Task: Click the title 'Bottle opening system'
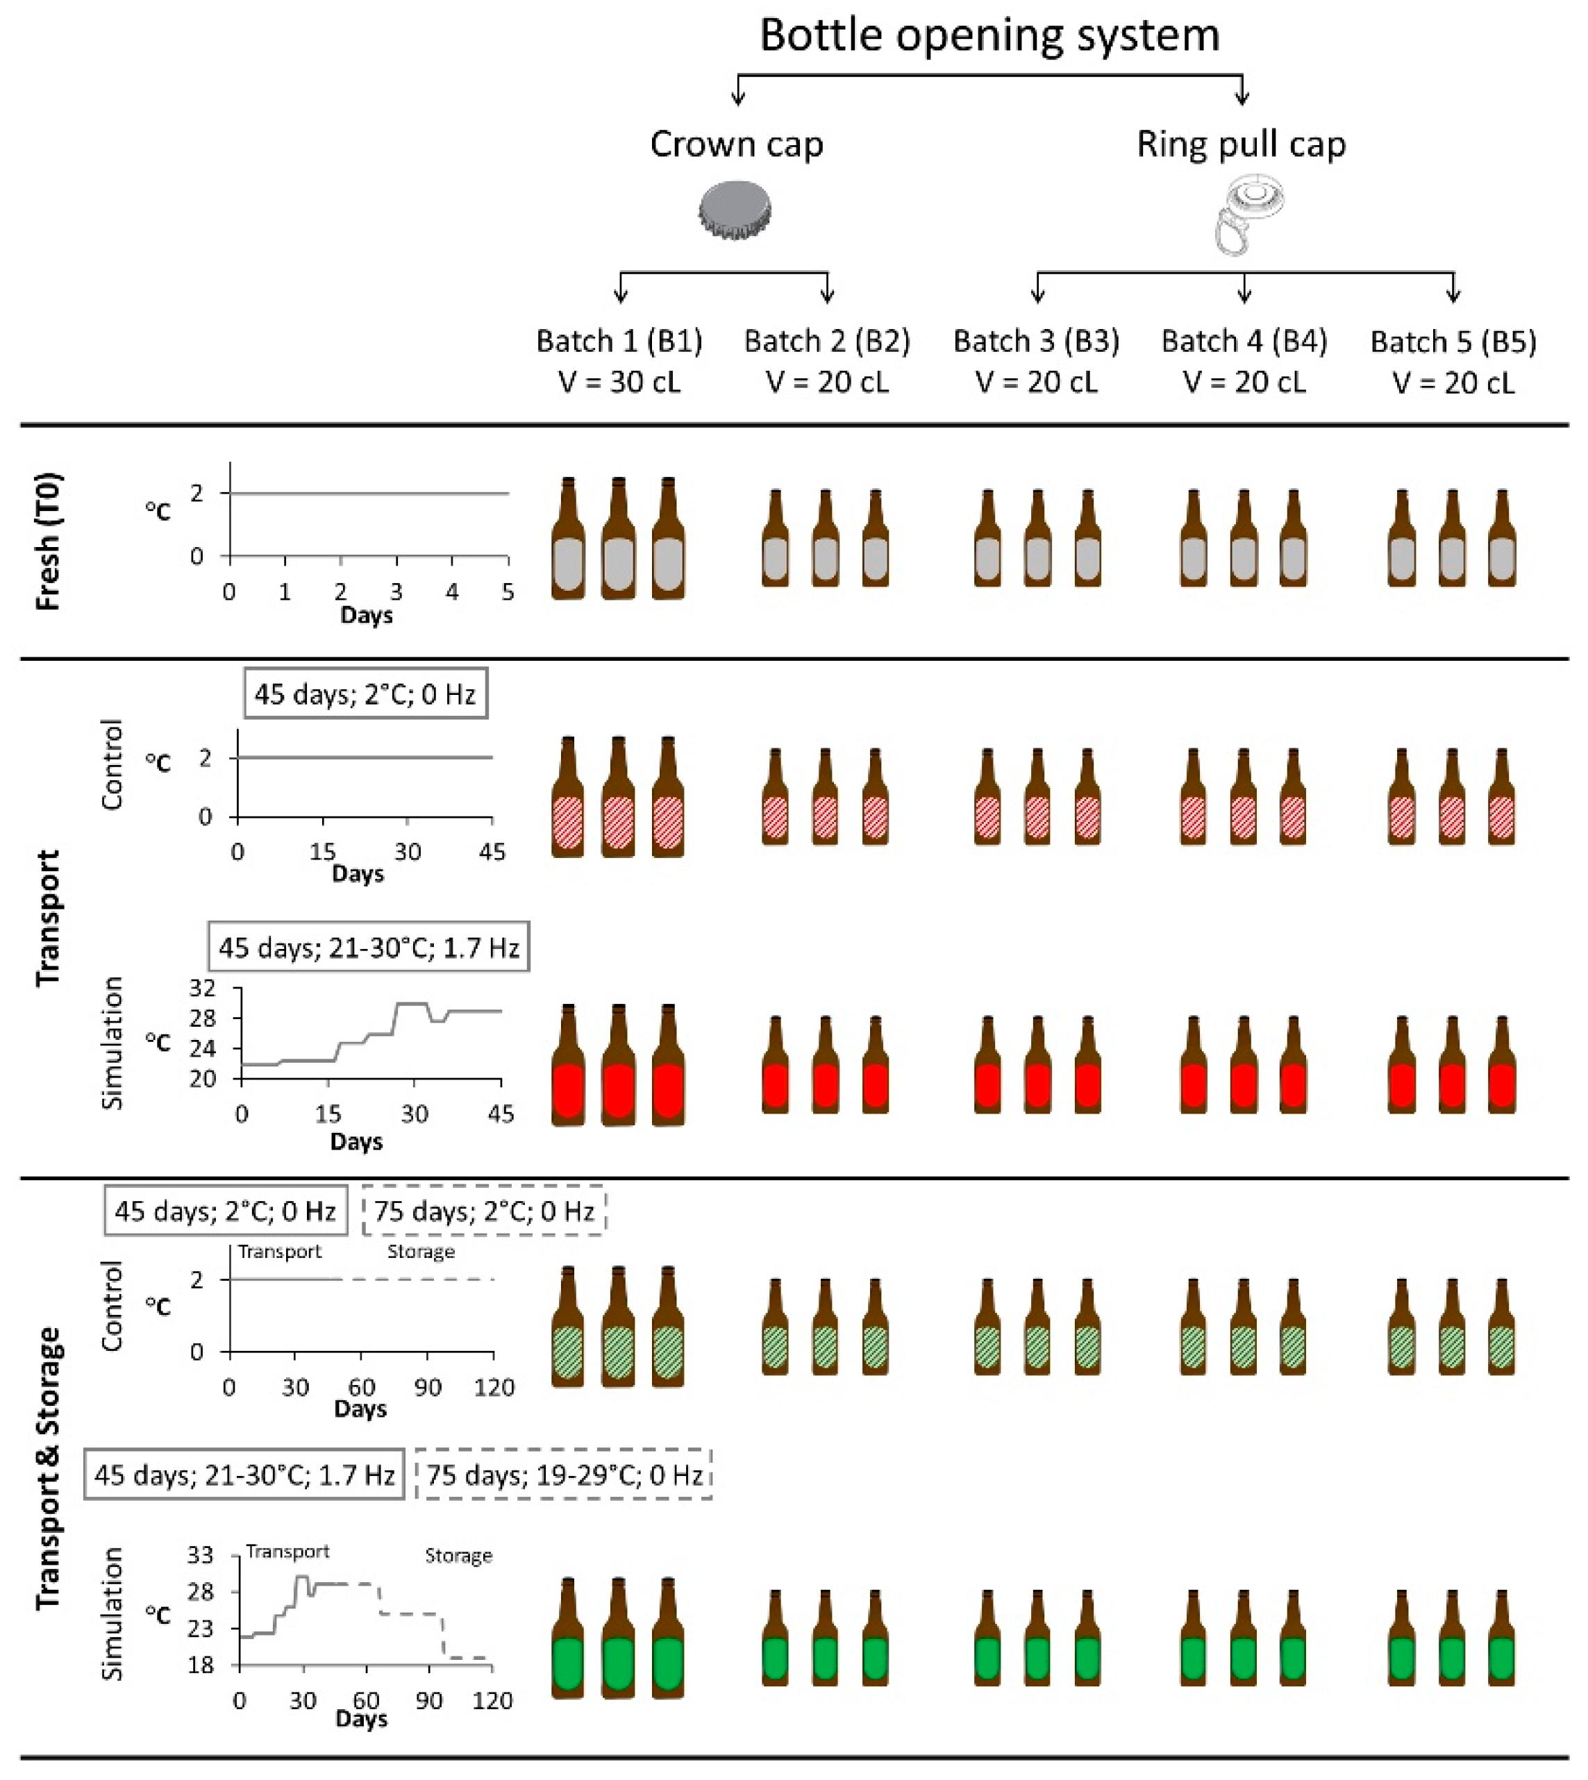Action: pos(989,35)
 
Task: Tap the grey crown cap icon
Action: pos(735,210)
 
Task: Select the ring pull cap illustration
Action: pos(1245,214)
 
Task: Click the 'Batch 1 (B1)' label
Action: pos(619,341)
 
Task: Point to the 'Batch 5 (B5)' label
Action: pos(1453,341)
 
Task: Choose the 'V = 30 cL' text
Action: pos(619,383)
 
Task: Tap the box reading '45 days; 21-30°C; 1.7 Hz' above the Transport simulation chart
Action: pos(368,947)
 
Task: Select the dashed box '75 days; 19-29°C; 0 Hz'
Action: pos(565,1475)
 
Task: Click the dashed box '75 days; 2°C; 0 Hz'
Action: pos(484,1211)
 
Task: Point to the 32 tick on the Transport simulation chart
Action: pos(203,989)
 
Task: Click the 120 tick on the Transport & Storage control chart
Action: pos(494,1387)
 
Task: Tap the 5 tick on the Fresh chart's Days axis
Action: pos(508,592)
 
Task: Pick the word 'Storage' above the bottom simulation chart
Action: pos(458,1555)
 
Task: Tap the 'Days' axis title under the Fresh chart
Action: pos(367,616)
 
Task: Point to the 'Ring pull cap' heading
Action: pos(1241,144)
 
